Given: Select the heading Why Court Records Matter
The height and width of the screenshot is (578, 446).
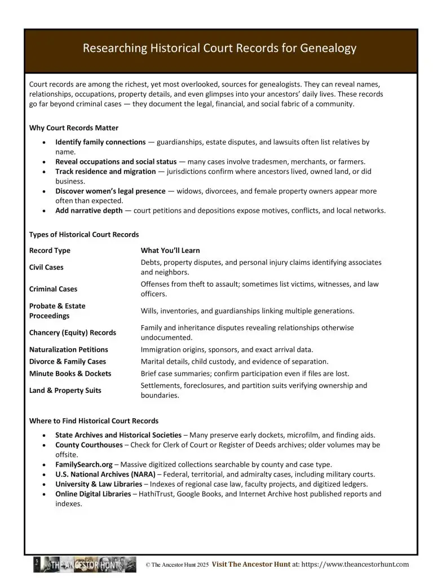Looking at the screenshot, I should tap(74, 128).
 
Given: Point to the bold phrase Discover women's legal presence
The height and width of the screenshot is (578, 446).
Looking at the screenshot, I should tap(111, 191).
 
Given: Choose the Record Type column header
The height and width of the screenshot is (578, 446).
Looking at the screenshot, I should tap(50, 251).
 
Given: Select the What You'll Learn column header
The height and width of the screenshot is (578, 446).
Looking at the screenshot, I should tap(170, 251).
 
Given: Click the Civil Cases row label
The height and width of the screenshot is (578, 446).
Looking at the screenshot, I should tap(46, 268).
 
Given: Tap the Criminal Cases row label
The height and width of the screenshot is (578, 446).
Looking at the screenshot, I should tap(53, 289).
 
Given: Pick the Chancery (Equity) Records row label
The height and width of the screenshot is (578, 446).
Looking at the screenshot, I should tap(73, 333).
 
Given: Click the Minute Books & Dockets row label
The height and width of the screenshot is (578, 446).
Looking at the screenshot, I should tap(70, 374).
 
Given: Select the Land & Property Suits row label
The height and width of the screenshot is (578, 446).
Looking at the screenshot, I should tap(65, 391).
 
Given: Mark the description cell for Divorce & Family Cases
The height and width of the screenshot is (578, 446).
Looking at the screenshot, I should tap(235, 362).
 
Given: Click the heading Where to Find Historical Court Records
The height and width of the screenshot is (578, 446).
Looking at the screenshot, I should tap(94, 421).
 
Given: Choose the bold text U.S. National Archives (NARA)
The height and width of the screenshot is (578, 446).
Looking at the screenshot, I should tap(105, 474).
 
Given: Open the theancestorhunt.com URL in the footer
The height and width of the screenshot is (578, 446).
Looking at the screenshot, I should tap(356, 564).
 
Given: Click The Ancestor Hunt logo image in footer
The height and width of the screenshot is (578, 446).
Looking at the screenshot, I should tap(85, 564).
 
